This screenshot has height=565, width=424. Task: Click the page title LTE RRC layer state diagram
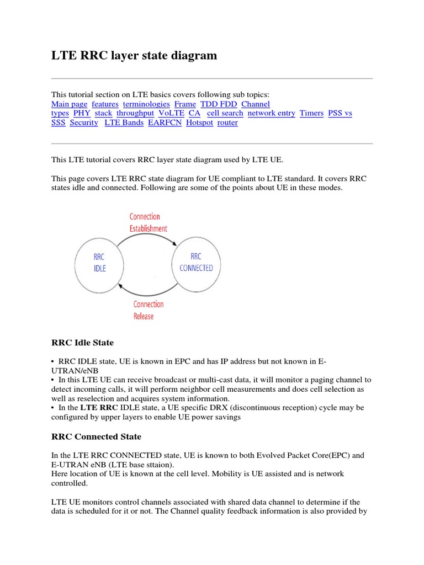pos(134,56)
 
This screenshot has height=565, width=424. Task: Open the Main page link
pos(69,104)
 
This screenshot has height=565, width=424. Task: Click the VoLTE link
pos(171,113)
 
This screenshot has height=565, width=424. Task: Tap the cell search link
pos(225,113)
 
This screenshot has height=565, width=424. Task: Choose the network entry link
pos(271,113)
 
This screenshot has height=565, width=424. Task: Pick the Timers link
pos(311,113)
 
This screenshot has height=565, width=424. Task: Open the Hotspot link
pos(199,122)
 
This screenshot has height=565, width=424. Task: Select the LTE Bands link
pos(124,122)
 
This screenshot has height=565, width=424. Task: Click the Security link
pos(84,122)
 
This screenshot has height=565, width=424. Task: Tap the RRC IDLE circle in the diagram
pos(99,263)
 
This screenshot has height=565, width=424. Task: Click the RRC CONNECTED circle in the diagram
pos(196,263)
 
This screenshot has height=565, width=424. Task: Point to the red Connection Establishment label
pos(148,222)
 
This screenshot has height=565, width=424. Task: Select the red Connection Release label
pos(148,310)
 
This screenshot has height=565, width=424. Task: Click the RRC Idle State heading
pos(82,343)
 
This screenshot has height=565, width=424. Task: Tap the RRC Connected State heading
pos(96,436)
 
